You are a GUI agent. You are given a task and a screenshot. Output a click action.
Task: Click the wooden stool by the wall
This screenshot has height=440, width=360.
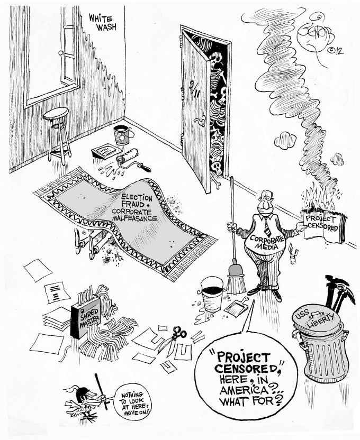coord(57,132)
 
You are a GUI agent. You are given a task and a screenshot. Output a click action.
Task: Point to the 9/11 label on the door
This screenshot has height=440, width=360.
coord(196,85)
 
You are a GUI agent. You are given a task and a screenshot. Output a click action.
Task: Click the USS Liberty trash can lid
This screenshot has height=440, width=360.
coord(319,323)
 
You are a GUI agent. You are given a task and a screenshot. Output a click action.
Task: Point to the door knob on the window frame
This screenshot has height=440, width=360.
coord(60,53)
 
